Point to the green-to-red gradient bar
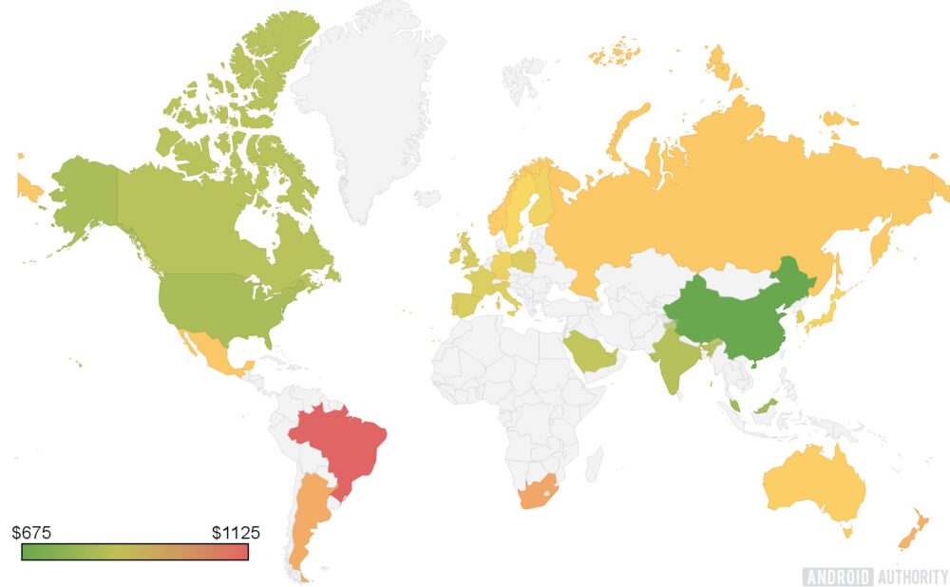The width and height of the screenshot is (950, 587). (135, 552)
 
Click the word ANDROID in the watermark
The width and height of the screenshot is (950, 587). (835, 576)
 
